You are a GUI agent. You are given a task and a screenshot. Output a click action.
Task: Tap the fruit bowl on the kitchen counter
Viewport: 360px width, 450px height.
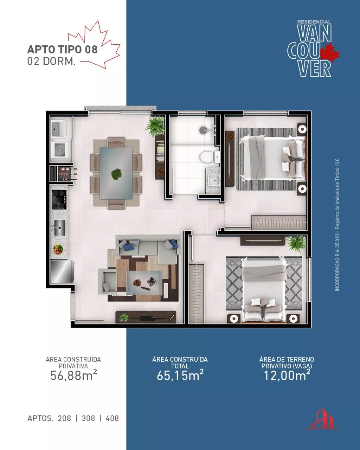[58, 249]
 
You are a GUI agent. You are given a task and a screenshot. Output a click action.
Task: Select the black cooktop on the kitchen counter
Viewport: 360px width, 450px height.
[59, 199]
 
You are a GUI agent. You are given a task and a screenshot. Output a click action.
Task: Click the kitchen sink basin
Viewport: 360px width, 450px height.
[60, 228]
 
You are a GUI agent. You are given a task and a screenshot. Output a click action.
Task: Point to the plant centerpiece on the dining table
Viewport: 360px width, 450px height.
[116, 174]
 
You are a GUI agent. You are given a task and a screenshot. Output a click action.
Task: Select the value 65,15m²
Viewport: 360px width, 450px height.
[180, 375]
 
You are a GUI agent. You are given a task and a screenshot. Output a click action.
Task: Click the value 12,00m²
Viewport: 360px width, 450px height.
[287, 375]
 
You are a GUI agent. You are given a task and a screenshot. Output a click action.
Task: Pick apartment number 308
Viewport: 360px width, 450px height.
[88, 418]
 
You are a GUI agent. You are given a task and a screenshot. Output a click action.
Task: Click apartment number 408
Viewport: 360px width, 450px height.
[112, 418]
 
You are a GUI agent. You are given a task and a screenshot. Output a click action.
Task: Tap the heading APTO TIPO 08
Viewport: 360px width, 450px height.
[62, 50]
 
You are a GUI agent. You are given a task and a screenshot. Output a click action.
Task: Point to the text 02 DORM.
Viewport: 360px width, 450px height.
[51, 61]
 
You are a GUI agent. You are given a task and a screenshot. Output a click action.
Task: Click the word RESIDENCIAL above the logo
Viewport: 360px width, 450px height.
[314, 22]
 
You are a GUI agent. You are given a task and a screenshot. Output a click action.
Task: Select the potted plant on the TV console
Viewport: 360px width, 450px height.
[124, 317]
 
